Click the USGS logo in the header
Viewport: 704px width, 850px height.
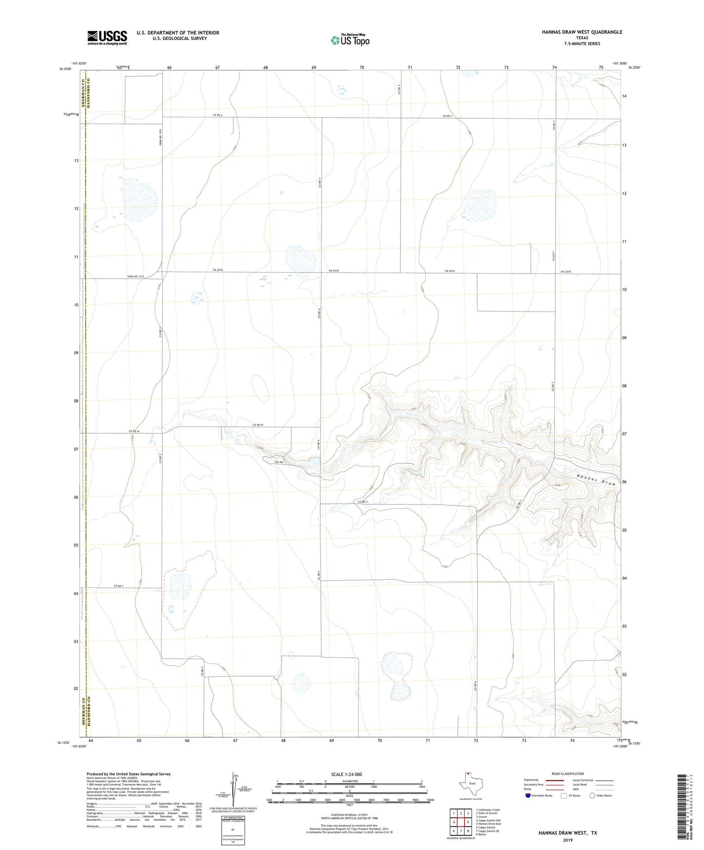(x=107, y=37)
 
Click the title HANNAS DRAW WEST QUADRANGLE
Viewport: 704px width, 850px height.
(x=582, y=32)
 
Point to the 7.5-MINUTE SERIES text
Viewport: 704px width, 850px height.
(x=582, y=44)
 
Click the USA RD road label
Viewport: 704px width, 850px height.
(x=278, y=462)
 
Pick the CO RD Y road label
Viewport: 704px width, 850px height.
(x=119, y=586)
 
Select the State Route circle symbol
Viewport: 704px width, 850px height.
(x=592, y=796)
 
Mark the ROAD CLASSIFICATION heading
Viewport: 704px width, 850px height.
(x=568, y=774)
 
